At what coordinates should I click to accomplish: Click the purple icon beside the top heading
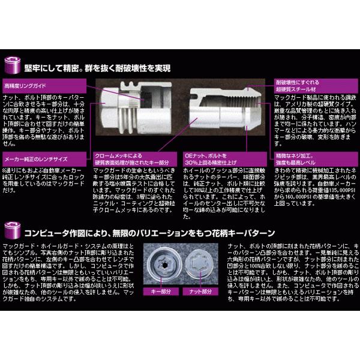tap(12, 62)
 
